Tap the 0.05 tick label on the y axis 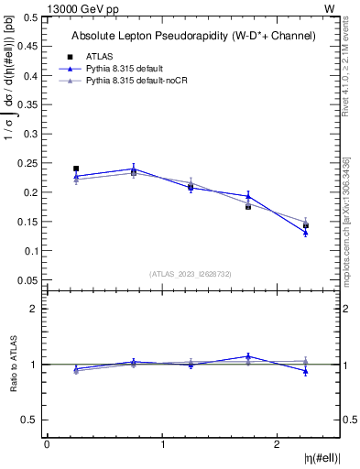(29, 279)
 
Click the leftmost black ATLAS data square (76, 169)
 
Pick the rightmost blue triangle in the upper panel (306, 233)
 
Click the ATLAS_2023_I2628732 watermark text (190, 273)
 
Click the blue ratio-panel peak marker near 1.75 (248, 356)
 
